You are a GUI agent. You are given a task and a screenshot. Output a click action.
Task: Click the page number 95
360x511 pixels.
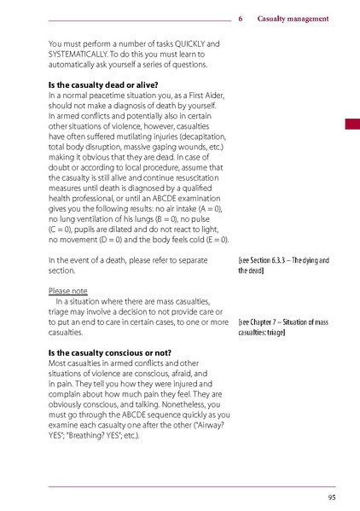tap(330, 497)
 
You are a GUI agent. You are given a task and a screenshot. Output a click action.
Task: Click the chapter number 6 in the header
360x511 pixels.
tap(241, 18)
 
